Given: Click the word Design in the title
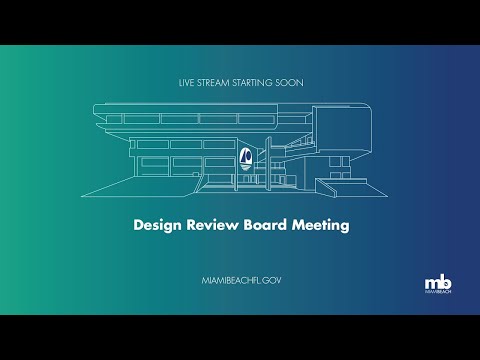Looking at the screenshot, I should pos(157,225).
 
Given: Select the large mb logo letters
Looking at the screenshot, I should pos(437,281).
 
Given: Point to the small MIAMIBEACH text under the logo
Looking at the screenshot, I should pos(437,293).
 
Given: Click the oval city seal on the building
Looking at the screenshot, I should pos(245,155).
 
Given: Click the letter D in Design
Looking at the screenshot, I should pos(139,225).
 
